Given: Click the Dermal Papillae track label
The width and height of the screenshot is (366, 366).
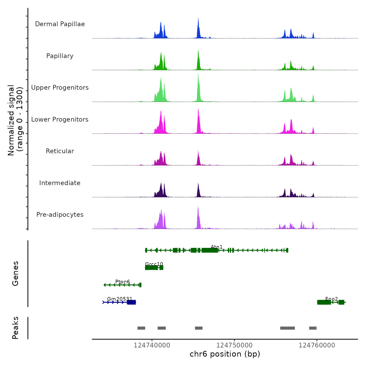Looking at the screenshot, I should pos(60,24).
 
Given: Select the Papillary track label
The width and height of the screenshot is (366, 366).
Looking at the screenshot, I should pos(60,56).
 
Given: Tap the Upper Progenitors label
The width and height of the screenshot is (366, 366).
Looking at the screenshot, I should pos(60,88).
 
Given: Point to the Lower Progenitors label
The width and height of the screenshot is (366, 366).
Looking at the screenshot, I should pos(60,119).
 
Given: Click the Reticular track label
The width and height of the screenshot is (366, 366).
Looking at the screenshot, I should pos(60,151).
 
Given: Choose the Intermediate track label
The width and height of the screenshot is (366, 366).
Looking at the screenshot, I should pos(60,183).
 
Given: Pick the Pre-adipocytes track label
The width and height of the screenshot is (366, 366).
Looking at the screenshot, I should pos(60,215).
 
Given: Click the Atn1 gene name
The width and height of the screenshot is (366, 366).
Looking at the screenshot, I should pos(217,247).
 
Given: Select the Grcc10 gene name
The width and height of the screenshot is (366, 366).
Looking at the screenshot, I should pos(154,264).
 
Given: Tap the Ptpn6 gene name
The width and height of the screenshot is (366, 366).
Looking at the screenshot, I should pos(123,282).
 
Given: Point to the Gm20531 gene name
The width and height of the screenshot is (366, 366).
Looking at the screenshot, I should pos(120,299).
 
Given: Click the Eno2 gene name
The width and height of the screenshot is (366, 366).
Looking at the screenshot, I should pos(331,299).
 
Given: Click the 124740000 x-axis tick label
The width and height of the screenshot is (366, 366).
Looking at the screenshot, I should pos(152,345).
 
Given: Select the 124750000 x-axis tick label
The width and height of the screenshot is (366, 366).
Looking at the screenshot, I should pos(235,345).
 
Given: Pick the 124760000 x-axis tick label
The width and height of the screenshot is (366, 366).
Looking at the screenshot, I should pos(317,345).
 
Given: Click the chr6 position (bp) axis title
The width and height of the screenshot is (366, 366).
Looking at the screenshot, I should pos(225,354).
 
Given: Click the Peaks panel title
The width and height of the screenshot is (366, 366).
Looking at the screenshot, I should pos(15,328).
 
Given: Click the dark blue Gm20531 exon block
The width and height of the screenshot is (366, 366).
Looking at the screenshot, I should pos(131,302).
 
